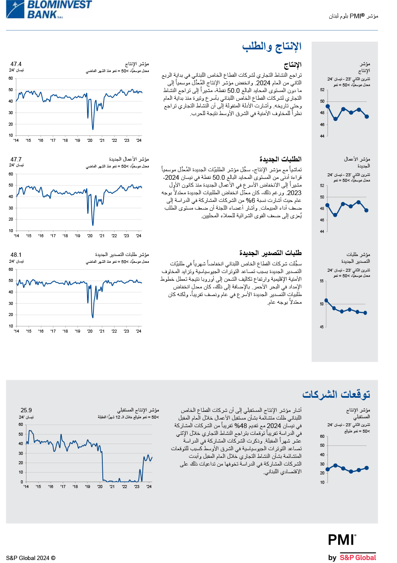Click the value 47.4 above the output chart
click(16, 64)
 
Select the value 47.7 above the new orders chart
click(16, 159)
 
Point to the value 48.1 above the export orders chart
click(16, 255)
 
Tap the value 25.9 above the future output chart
click(26, 410)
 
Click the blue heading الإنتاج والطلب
click(272, 46)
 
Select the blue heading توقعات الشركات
click(336, 394)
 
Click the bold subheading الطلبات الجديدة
click(280, 159)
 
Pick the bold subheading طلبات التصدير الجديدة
click(270, 253)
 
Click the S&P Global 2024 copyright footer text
click(31, 558)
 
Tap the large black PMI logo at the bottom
click(342, 540)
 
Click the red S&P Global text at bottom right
click(358, 557)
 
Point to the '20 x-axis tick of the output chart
click(90, 141)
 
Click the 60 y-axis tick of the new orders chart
click(11, 174)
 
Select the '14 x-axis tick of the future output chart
click(26, 486)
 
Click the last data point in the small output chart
click(367, 116)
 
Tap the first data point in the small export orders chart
click(326, 300)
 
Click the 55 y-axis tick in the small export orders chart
click(322, 281)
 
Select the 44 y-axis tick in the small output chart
click(322, 136)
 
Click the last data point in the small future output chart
click(367, 468)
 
